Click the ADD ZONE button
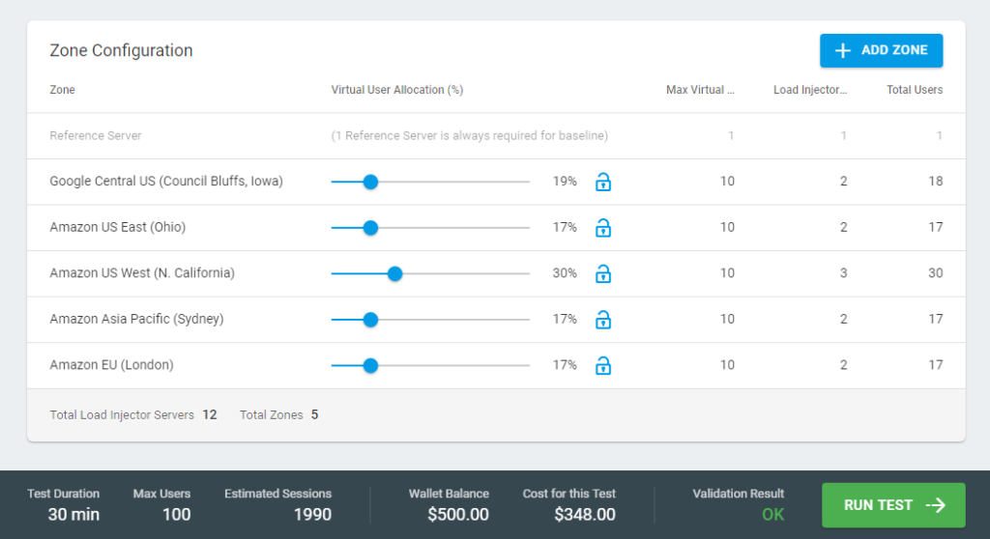click(x=881, y=50)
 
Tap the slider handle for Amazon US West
click(x=394, y=273)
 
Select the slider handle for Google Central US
click(x=370, y=182)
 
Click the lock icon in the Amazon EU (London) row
click(x=602, y=365)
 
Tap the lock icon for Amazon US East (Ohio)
click(x=602, y=228)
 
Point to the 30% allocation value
click(x=565, y=273)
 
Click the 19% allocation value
click(x=565, y=182)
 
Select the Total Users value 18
click(x=935, y=182)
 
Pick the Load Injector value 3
click(x=843, y=273)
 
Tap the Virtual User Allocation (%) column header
click(x=397, y=90)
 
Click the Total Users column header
click(x=915, y=90)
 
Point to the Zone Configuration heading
click(x=121, y=50)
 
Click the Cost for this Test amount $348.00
click(x=585, y=515)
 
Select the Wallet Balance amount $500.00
click(x=458, y=515)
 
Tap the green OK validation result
click(x=772, y=515)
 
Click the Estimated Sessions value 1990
click(x=311, y=515)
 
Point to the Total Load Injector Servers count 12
click(x=209, y=415)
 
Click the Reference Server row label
click(x=96, y=136)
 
